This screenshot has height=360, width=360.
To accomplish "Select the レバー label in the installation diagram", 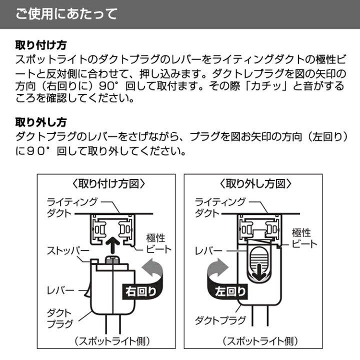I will pyautogui.click(x=60, y=289).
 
